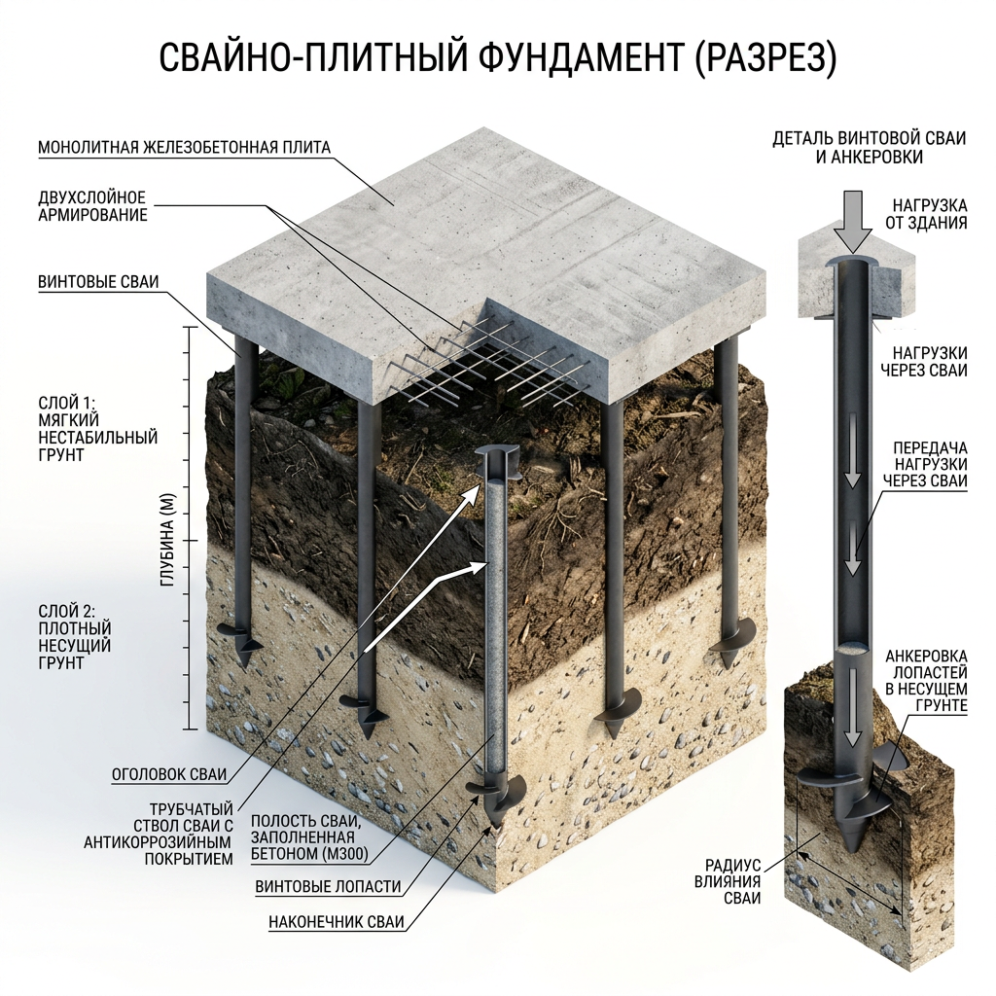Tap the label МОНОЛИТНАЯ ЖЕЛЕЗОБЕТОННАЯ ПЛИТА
184,148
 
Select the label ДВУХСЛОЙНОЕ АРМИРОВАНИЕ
92,206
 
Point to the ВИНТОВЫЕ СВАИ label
98,282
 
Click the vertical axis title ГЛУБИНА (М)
167,539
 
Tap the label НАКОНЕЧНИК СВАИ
336,922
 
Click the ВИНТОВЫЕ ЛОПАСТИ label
329,887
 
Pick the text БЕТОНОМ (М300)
310,854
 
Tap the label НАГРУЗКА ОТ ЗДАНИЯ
926,214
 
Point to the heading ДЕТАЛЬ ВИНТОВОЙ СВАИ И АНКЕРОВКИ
870,148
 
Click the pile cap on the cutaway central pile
497,460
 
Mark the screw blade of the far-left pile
240,638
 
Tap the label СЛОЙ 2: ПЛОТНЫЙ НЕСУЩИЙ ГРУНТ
75,637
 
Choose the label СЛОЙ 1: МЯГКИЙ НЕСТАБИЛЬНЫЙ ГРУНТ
98,429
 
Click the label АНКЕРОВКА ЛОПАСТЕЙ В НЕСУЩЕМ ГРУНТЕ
926,680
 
